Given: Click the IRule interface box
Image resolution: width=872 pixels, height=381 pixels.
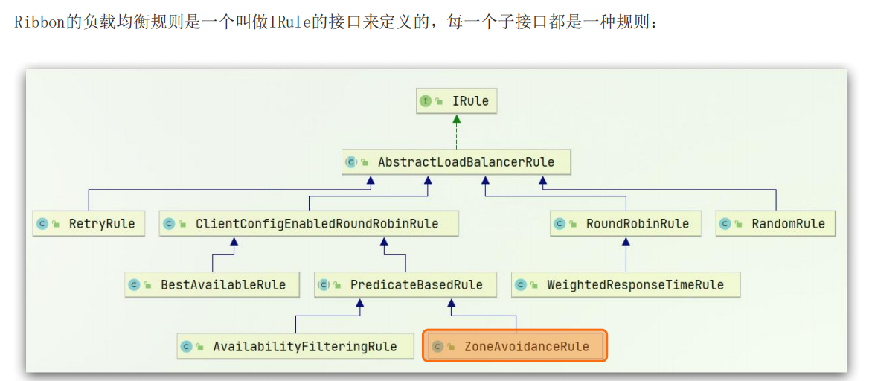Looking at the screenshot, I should coord(456,101).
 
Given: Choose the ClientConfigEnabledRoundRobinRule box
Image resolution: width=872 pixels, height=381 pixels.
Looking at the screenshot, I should coord(308,224).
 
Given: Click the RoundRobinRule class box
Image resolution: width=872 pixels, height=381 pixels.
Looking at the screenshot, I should coord(625,224).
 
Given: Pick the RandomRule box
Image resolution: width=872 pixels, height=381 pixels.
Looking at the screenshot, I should coord(775,224).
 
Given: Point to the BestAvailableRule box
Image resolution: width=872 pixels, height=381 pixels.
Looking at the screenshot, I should coord(212,285).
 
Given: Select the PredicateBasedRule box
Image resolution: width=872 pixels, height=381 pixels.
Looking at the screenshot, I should coord(405,285).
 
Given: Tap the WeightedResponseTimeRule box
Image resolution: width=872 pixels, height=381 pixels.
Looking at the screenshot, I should coord(626,285).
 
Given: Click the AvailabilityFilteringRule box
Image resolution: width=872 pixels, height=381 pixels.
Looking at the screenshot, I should coord(295,347).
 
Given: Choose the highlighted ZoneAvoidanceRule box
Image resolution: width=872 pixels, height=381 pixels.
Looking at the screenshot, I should coord(516,347).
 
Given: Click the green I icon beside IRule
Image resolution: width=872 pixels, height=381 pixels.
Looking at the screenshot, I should coord(426,101).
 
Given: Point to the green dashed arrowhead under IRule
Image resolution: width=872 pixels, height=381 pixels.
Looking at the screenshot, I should coord(456,119).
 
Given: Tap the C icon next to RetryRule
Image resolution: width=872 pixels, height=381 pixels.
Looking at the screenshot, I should coord(42,224).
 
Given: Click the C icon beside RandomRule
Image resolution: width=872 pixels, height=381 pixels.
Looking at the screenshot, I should coord(725,224).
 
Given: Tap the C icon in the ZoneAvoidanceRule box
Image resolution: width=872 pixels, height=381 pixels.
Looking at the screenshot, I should coord(438,347).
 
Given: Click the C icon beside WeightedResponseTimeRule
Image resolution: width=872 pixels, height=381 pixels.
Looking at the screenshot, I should coord(521,285).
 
